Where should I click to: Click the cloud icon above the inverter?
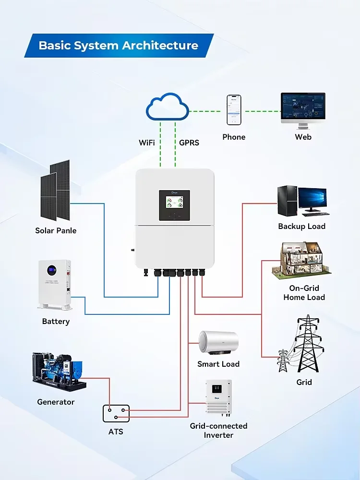tap(168, 109)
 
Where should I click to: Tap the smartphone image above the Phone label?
tap(234, 110)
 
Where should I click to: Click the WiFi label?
tap(149, 143)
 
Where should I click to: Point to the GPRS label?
tap(189, 143)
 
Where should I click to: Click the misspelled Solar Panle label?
tap(56, 230)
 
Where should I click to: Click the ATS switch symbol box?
tap(116, 413)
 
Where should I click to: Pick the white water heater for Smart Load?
tap(218, 343)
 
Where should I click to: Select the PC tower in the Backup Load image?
tap(286, 200)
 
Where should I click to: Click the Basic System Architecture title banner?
tap(119, 46)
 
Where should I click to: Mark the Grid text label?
tap(304, 382)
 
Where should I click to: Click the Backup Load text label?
tap(301, 226)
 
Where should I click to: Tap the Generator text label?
tap(56, 402)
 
